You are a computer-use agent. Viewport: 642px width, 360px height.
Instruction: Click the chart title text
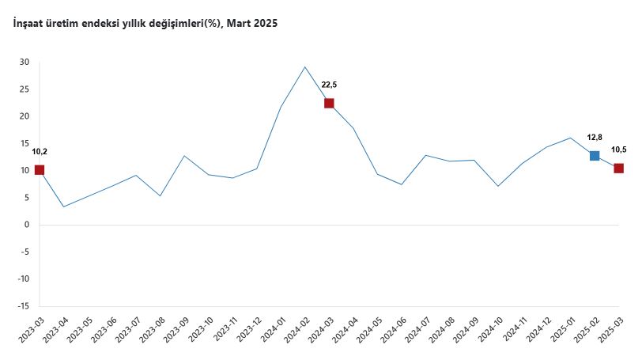tap(145, 24)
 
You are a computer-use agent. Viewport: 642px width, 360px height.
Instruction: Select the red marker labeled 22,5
tap(329, 103)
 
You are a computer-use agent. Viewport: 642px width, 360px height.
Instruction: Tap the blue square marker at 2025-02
tap(595, 156)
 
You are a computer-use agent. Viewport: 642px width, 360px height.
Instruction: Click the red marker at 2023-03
tap(40, 170)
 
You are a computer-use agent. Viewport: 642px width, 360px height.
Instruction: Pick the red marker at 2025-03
tap(618, 168)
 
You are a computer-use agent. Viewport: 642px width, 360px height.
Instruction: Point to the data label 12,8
tap(595, 137)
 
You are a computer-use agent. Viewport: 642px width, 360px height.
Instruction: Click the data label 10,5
tap(619, 150)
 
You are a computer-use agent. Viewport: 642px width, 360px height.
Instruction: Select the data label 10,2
tap(40, 151)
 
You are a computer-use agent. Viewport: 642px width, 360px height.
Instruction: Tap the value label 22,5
tap(329, 85)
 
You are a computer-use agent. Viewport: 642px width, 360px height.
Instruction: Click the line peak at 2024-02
tap(305, 66)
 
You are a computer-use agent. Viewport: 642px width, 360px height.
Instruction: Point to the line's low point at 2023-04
tap(64, 207)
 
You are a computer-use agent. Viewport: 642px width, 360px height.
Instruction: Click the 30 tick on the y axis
tap(25, 63)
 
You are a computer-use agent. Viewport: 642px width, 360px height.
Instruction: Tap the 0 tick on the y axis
tap(27, 225)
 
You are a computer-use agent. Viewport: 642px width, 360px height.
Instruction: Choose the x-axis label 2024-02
tap(297, 332)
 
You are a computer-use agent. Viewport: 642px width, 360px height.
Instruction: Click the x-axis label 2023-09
tap(176, 332)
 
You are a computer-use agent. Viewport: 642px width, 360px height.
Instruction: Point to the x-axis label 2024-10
tap(490, 332)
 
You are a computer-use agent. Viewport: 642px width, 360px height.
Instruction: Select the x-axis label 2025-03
tap(610, 332)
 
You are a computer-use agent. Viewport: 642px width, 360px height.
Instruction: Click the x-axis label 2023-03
tap(32, 332)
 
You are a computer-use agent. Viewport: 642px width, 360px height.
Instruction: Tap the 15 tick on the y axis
tap(25, 143)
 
